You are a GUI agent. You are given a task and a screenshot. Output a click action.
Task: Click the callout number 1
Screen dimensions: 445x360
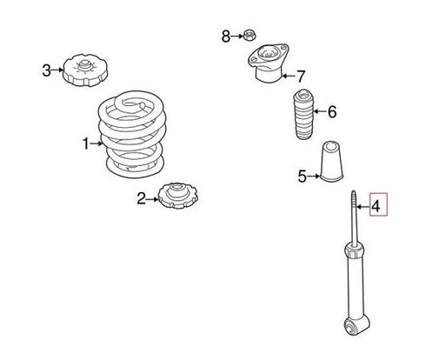point(86,143)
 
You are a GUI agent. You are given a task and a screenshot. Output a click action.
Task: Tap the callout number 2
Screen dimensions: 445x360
point(142,199)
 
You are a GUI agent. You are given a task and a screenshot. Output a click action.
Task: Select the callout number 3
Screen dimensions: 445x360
point(46,70)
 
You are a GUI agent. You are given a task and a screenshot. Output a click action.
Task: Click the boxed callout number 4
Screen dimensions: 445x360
point(375,206)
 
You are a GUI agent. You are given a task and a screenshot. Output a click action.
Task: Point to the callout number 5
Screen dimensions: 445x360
point(302,177)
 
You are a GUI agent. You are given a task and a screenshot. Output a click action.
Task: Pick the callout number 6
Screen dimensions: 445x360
point(332,111)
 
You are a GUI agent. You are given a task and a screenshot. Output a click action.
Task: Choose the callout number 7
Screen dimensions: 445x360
point(301,77)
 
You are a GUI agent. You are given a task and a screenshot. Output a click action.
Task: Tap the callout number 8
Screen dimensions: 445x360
point(226,37)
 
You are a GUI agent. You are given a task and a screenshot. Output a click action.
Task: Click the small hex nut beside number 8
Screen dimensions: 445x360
point(249,36)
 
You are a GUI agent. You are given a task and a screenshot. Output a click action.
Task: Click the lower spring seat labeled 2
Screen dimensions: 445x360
point(178,196)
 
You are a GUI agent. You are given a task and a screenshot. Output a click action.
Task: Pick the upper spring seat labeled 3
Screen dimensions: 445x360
point(85,70)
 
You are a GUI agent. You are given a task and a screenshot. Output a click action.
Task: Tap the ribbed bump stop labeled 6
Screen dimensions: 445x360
point(304,115)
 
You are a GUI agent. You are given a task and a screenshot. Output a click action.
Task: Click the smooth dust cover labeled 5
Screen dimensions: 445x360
point(332,161)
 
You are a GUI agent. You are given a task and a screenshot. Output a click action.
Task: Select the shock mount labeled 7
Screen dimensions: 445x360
point(269,63)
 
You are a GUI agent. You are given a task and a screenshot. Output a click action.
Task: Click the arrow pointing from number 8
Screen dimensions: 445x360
point(236,37)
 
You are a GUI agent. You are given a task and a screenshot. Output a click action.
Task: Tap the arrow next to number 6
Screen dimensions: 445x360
point(320,111)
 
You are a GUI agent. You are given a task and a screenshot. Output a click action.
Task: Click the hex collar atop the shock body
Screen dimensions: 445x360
point(354,251)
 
